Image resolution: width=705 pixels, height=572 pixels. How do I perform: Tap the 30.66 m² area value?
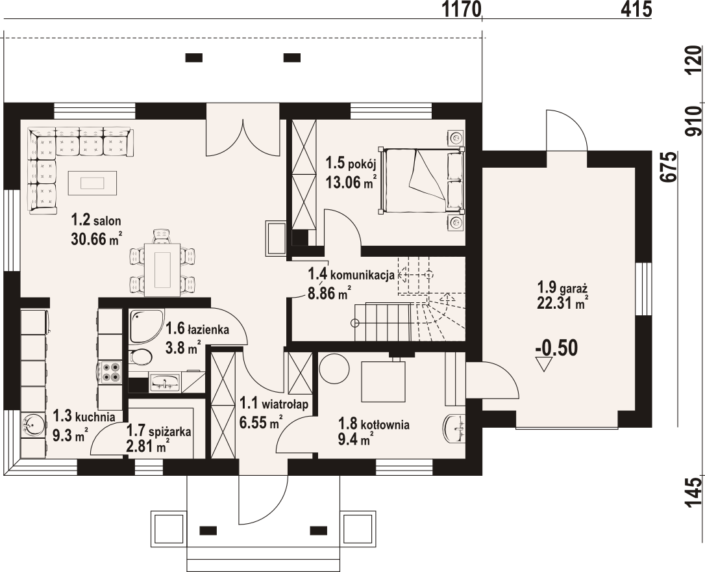[96, 239]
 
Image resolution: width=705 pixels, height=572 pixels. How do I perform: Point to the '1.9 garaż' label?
[563, 287]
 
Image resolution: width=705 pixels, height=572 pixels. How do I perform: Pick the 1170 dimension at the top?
[462, 9]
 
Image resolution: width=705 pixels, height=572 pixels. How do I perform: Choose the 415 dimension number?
[636, 9]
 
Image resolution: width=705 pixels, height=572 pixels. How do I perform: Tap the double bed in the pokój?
[421, 180]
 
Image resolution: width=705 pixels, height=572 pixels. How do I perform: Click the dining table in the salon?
[162, 269]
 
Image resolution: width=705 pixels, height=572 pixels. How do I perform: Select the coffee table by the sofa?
[93, 183]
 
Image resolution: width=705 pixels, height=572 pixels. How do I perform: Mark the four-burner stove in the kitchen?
[110, 372]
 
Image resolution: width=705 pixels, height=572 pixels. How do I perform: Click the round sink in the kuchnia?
[33, 424]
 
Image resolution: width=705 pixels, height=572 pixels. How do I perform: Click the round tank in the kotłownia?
[334, 369]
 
